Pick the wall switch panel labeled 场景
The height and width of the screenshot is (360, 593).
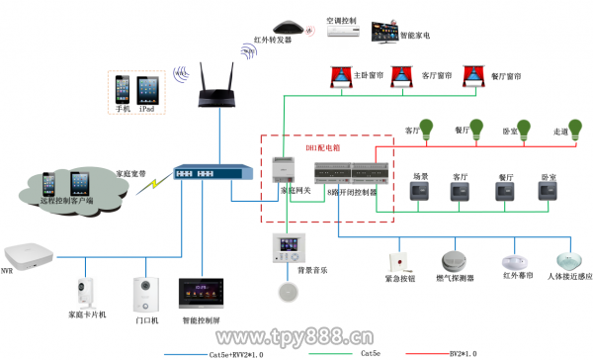[419, 192]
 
